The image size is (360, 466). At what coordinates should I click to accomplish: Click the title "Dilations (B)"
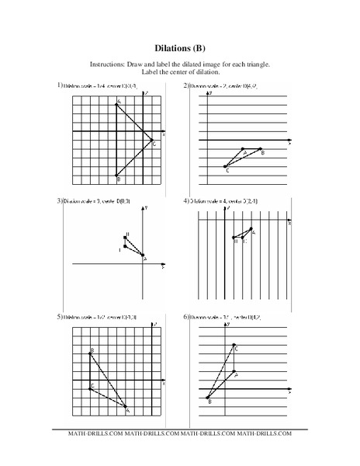coord(180,45)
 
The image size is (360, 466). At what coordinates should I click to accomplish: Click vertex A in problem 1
coord(117,104)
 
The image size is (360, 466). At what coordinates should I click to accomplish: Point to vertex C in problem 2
coord(225,166)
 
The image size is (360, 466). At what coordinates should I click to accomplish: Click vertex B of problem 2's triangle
coord(261,148)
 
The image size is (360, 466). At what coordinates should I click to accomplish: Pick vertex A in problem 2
coord(243,148)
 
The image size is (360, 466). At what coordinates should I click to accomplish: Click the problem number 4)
coord(187,201)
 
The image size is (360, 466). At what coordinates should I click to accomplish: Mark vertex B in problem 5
coord(91,354)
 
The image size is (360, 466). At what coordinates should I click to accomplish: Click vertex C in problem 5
coord(91,388)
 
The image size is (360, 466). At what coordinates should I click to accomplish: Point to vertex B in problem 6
coord(208,397)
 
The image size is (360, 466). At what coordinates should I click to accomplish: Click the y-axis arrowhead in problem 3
coord(144,210)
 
